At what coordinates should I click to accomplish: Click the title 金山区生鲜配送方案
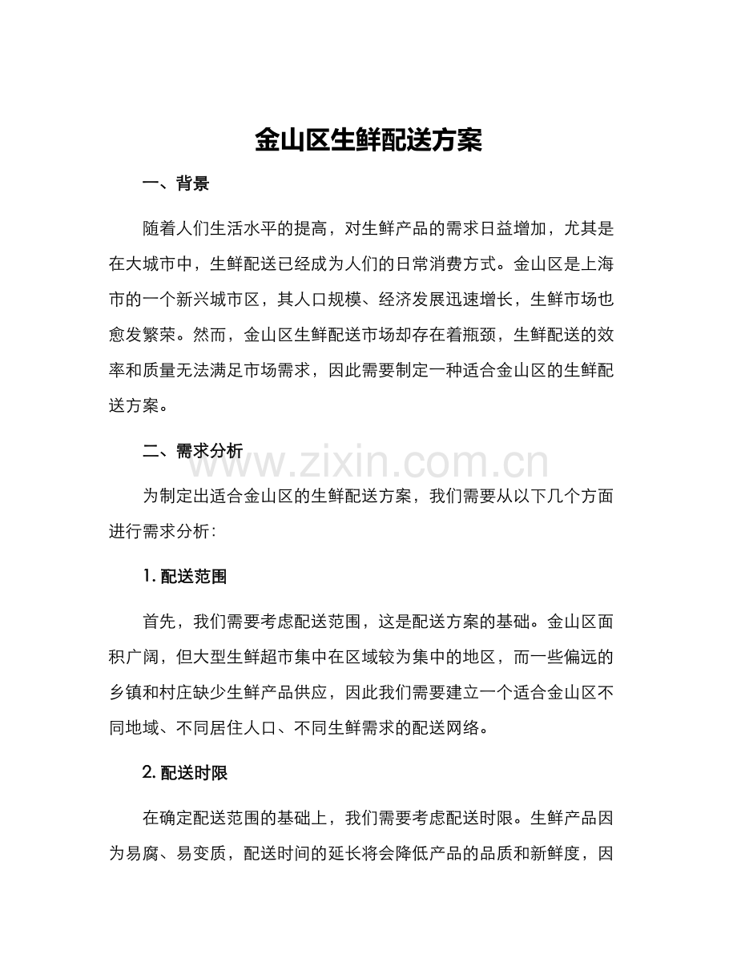click(368, 141)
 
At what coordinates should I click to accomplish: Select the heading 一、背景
click(175, 184)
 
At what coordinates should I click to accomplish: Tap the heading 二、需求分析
click(192, 451)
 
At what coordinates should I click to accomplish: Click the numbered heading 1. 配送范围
click(184, 576)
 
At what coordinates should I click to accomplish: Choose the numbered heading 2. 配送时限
click(185, 773)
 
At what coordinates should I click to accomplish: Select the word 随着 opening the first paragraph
click(159, 227)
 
